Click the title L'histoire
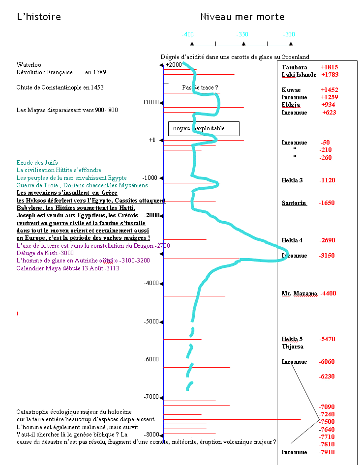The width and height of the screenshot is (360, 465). coord(39,17)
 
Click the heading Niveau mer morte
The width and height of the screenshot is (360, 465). coord(242,17)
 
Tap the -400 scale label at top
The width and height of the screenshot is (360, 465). coord(187,35)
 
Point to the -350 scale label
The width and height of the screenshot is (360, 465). coord(241,35)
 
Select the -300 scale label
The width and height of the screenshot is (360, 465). coord(289,35)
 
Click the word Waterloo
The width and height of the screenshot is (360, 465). coord(29,65)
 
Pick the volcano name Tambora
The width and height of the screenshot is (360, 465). coord(295,67)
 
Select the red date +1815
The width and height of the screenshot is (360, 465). coord(330,67)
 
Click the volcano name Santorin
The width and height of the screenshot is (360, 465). coord(294,203)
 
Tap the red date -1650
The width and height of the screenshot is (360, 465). coord(327,203)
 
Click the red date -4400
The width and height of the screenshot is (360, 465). coord(328,293)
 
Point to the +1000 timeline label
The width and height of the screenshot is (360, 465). coord(150,102)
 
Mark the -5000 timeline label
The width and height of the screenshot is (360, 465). coord(151,321)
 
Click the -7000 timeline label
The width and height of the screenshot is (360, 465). coord(151,397)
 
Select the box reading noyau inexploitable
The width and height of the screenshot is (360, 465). coord(204,129)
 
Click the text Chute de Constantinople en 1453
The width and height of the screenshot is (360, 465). coord(60,87)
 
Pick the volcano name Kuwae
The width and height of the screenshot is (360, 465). coord(291,90)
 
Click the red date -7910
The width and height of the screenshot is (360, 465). coord(327,452)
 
